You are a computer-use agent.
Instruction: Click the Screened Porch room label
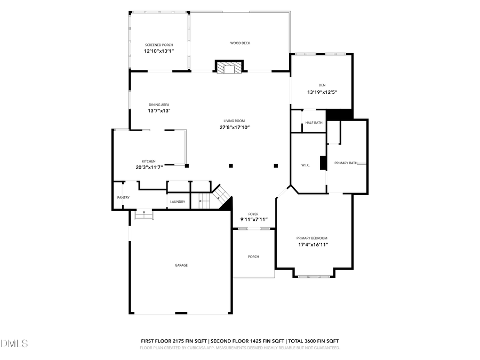tap(159, 45)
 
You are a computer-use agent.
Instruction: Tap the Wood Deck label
tap(240, 43)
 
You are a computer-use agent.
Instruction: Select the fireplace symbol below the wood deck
tap(230, 67)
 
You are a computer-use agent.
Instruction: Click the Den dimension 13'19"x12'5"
tap(322, 92)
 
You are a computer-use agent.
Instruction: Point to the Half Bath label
tap(314, 123)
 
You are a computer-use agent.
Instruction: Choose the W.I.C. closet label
tap(306, 165)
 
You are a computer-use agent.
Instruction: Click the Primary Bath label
tap(346, 163)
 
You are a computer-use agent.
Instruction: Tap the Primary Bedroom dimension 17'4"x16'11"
tap(312, 245)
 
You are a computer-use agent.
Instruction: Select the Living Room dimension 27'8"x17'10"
tap(235, 127)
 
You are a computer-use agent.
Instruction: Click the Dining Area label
tap(159, 105)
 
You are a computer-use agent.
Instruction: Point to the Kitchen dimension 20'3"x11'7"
tap(148, 167)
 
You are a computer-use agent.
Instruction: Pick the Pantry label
tap(123, 198)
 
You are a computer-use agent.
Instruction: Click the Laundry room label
tap(177, 202)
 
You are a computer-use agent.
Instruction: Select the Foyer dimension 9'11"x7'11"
tap(253, 220)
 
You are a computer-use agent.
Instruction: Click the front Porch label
tap(253, 257)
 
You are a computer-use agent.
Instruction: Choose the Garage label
tap(181, 265)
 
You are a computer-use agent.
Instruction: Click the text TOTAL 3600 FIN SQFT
tap(314, 341)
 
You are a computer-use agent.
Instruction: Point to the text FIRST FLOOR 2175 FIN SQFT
tap(173, 341)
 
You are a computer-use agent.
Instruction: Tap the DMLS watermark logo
tap(14, 343)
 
